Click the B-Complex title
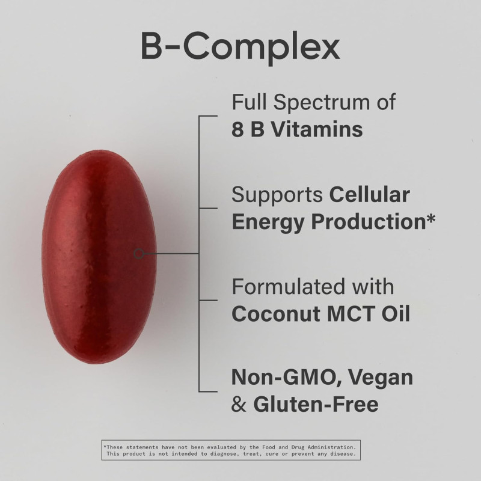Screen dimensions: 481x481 pos(240,47)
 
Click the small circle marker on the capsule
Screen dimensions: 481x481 pos(139,254)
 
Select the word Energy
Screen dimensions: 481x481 pos(268,222)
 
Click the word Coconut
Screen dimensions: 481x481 pos(276,314)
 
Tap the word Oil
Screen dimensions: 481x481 pos(393,314)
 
